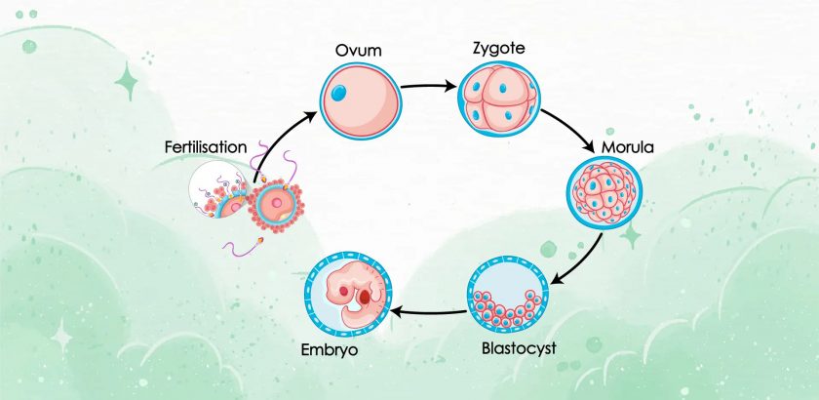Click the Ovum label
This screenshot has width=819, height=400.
(359, 51)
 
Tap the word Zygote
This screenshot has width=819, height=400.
(499, 49)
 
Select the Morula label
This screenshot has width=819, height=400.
(627, 147)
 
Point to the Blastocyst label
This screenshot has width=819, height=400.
(519, 347)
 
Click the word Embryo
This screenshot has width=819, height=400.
(330, 349)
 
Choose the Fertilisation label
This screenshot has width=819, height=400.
(206, 147)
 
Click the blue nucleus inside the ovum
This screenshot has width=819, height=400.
(338, 93)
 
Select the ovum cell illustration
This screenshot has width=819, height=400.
(361, 101)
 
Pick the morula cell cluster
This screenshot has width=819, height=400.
(604, 193)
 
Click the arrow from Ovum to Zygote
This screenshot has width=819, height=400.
(429, 86)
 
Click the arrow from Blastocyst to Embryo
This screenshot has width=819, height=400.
(428, 312)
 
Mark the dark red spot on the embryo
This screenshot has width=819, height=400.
(365, 297)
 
